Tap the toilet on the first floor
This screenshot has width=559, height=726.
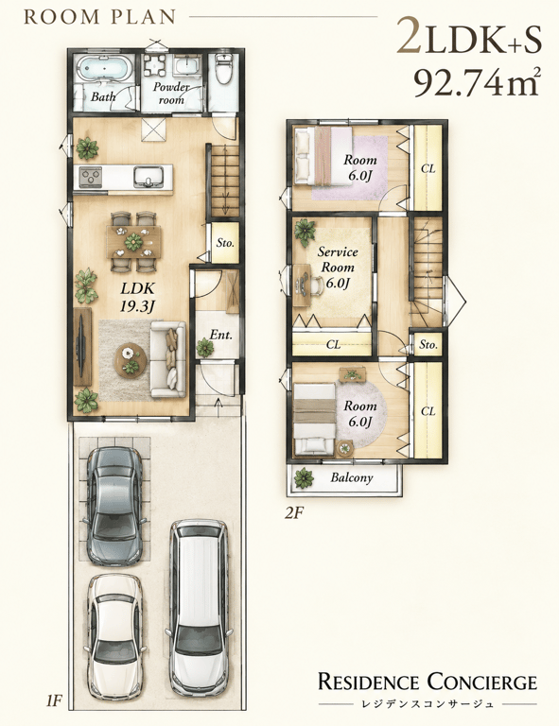[x=224, y=69]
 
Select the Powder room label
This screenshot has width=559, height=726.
[x=171, y=93]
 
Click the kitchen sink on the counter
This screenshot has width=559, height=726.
[x=148, y=177]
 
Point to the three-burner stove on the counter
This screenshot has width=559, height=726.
[x=91, y=177]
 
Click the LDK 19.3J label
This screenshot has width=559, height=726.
[x=137, y=297]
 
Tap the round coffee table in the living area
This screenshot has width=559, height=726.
[x=131, y=359]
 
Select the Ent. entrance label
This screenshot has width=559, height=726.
[x=221, y=335]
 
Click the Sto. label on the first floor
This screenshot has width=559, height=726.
[x=225, y=243]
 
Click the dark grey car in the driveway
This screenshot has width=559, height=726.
[x=114, y=506]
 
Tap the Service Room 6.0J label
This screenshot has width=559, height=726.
[x=338, y=268]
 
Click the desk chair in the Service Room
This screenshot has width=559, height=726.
[x=318, y=283]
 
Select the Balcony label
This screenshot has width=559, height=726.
[x=352, y=477]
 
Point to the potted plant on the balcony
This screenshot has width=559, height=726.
[x=304, y=477]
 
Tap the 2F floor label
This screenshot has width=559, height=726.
[x=294, y=513]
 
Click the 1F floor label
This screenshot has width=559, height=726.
[x=54, y=700]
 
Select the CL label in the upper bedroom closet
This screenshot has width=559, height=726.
[x=428, y=169]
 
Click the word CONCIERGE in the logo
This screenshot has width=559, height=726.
[x=482, y=682]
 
